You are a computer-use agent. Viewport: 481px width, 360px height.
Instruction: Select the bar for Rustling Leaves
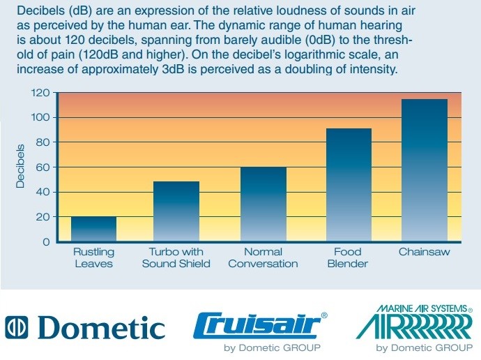click(x=93, y=229)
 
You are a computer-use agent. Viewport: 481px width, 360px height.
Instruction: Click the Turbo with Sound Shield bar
click(x=176, y=211)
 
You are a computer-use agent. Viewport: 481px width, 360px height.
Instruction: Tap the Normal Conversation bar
click(x=264, y=204)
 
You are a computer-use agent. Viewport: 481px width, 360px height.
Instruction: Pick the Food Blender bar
click(x=349, y=185)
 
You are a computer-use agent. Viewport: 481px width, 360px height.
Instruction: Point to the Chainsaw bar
click(x=425, y=170)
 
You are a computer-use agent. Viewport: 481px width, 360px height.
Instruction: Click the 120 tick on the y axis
click(x=40, y=93)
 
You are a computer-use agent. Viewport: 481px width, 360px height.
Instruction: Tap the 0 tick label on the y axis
click(x=46, y=242)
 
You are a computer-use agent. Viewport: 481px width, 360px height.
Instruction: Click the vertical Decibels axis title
click(x=20, y=166)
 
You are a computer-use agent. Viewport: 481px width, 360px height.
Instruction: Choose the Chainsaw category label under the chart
click(x=425, y=252)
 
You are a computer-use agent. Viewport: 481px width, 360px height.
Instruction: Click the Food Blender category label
click(x=348, y=258)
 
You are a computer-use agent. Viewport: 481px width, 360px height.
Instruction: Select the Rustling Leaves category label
click(x=94, y=258)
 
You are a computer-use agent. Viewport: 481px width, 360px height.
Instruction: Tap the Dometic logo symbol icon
click(x=16, y=327)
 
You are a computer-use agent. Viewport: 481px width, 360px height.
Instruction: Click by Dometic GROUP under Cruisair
click(x=272, y=347)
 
